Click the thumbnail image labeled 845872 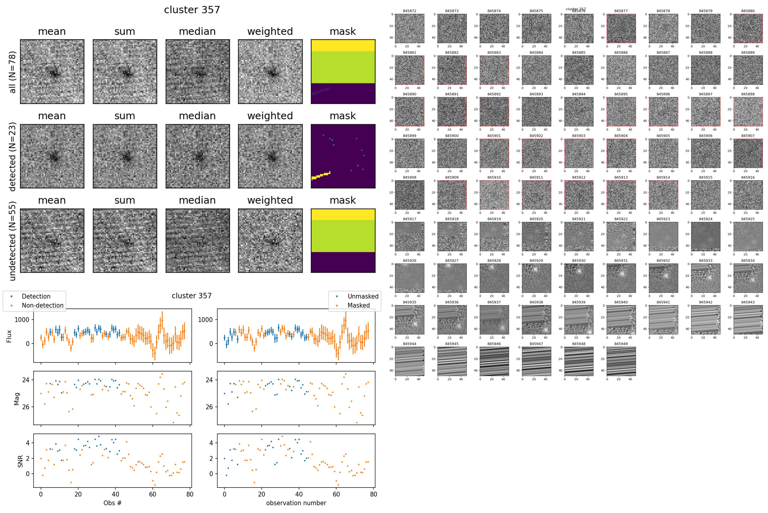point(410,28)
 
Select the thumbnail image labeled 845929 point(536,278)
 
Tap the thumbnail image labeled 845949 point(621,361)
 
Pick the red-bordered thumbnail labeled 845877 point(621,28)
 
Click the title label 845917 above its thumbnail point(410,219)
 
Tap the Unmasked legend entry point(363,296)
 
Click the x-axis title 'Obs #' point(112,503)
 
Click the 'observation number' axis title point(296,503)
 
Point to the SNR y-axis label point(20,460)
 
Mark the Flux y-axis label point(9,336)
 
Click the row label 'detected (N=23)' point(12,156)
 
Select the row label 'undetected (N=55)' point(12,241)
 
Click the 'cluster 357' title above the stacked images point(192,10)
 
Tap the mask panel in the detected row point(343,156)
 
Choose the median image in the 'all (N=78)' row point(198,72)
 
